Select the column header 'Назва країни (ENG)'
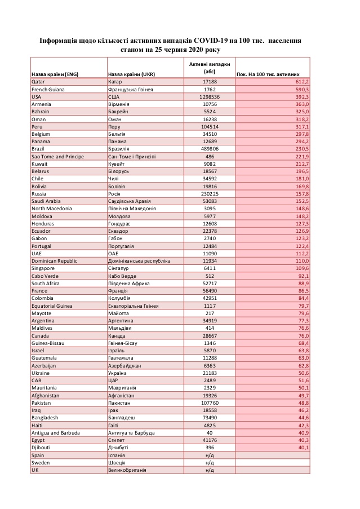(x=55, y=74)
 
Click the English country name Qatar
(x=38, y=82)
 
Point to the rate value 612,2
(x=301, y=82)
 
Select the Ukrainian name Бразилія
(x=120, y=149)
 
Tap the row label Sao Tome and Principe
(x=57, y=156)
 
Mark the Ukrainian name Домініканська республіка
(x=138, y=260)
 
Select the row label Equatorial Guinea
(x=54, y=306)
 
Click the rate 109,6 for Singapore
(x=301, y=268)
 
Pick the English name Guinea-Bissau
(x=49, y=343)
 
